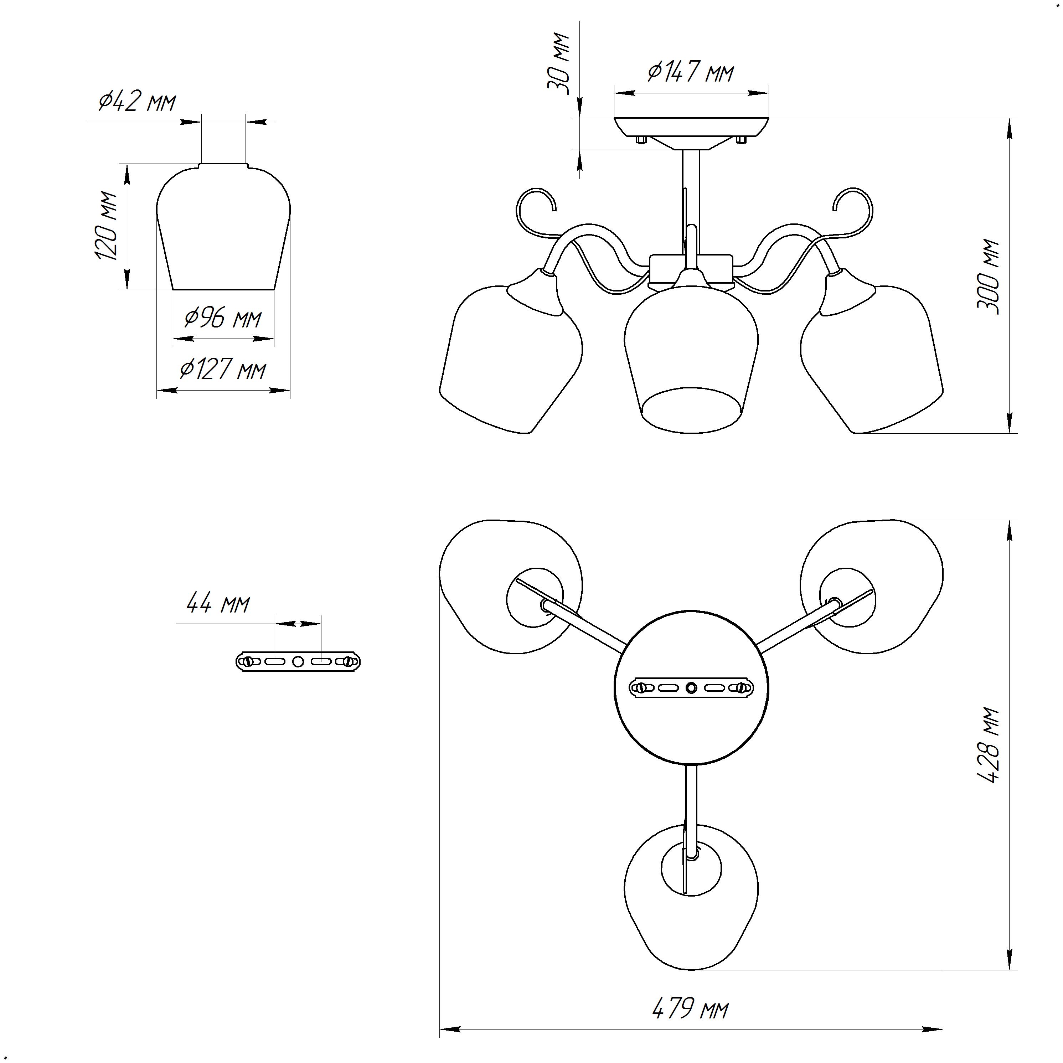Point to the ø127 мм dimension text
pos(223,369)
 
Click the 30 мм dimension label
pos(558,64)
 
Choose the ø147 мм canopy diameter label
pos(691,72)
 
